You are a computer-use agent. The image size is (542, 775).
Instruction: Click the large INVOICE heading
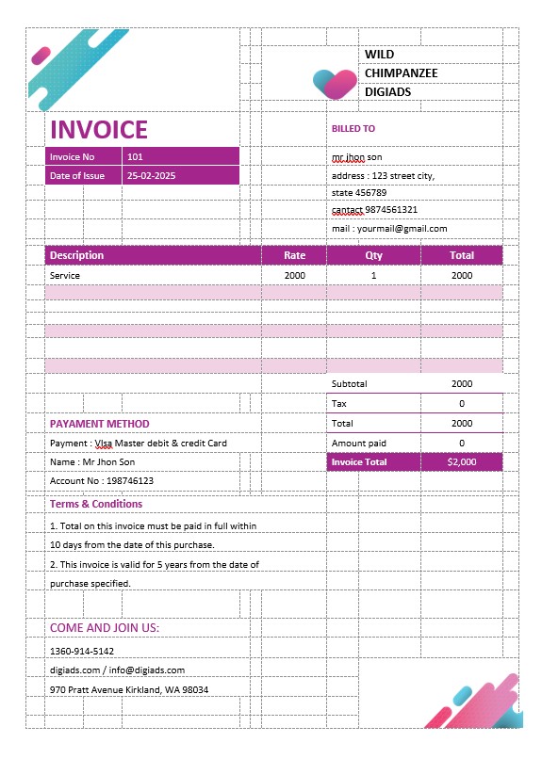click(x=99, y=130)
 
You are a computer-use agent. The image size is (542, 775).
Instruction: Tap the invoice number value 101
click(x=135, y=157)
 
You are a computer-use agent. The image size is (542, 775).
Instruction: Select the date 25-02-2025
click(x=151, y=176)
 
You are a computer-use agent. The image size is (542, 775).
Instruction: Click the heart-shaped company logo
click(x=335, y=83)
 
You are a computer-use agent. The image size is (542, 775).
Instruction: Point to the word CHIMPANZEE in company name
click(x=402, y=73)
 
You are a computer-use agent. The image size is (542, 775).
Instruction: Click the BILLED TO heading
click(x=353, y=129)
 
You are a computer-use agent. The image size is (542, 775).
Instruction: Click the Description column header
click(x=77, y=255)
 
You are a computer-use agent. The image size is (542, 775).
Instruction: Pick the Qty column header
click(x=373, y=255)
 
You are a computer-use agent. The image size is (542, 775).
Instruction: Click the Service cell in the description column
click(x=65, y=276)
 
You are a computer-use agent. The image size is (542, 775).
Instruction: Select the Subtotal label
click(x=349, y=384)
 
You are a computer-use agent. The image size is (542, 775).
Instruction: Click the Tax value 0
click(x=462, y=404)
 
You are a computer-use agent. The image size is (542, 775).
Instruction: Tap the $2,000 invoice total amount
click(x=462, y=462)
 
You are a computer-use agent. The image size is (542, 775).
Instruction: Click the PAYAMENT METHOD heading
click(x=99, y=424)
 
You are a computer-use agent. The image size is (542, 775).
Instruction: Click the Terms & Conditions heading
click(x=96, y=505)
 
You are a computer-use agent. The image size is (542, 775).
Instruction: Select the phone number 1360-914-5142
click(x=82, y=651)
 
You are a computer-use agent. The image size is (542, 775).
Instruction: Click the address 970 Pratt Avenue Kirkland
click(x=129, y=690)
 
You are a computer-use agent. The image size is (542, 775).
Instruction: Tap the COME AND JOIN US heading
click(x=105, y=628)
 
